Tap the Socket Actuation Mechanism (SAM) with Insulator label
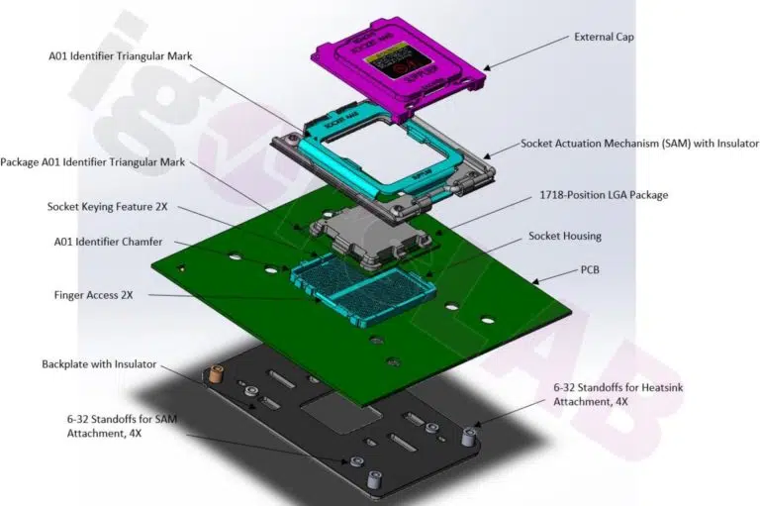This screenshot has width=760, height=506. pos(633,145)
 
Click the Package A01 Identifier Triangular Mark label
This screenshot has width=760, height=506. pos(93,162)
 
